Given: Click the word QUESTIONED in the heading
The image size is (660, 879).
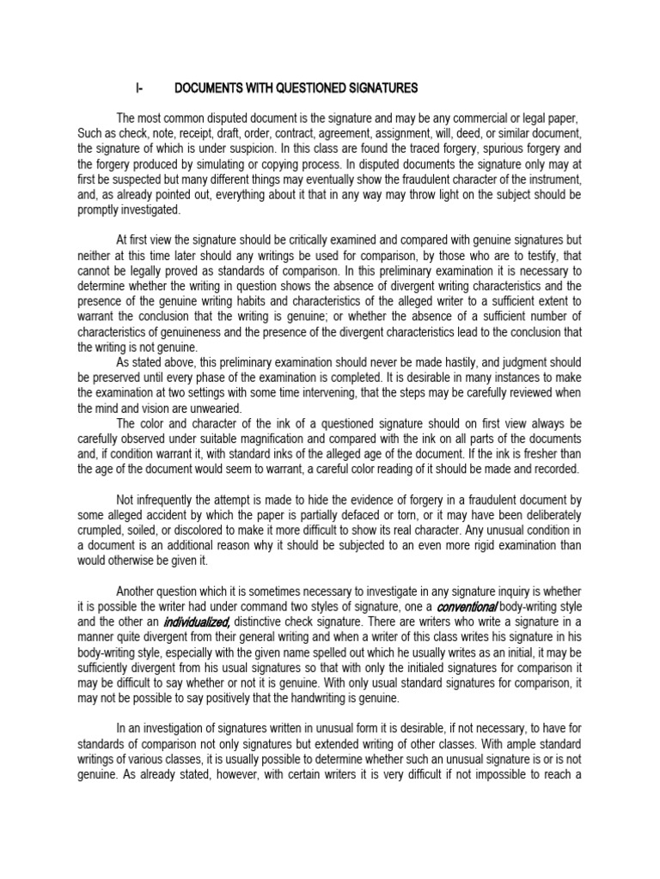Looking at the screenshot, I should (x=316, y=88).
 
